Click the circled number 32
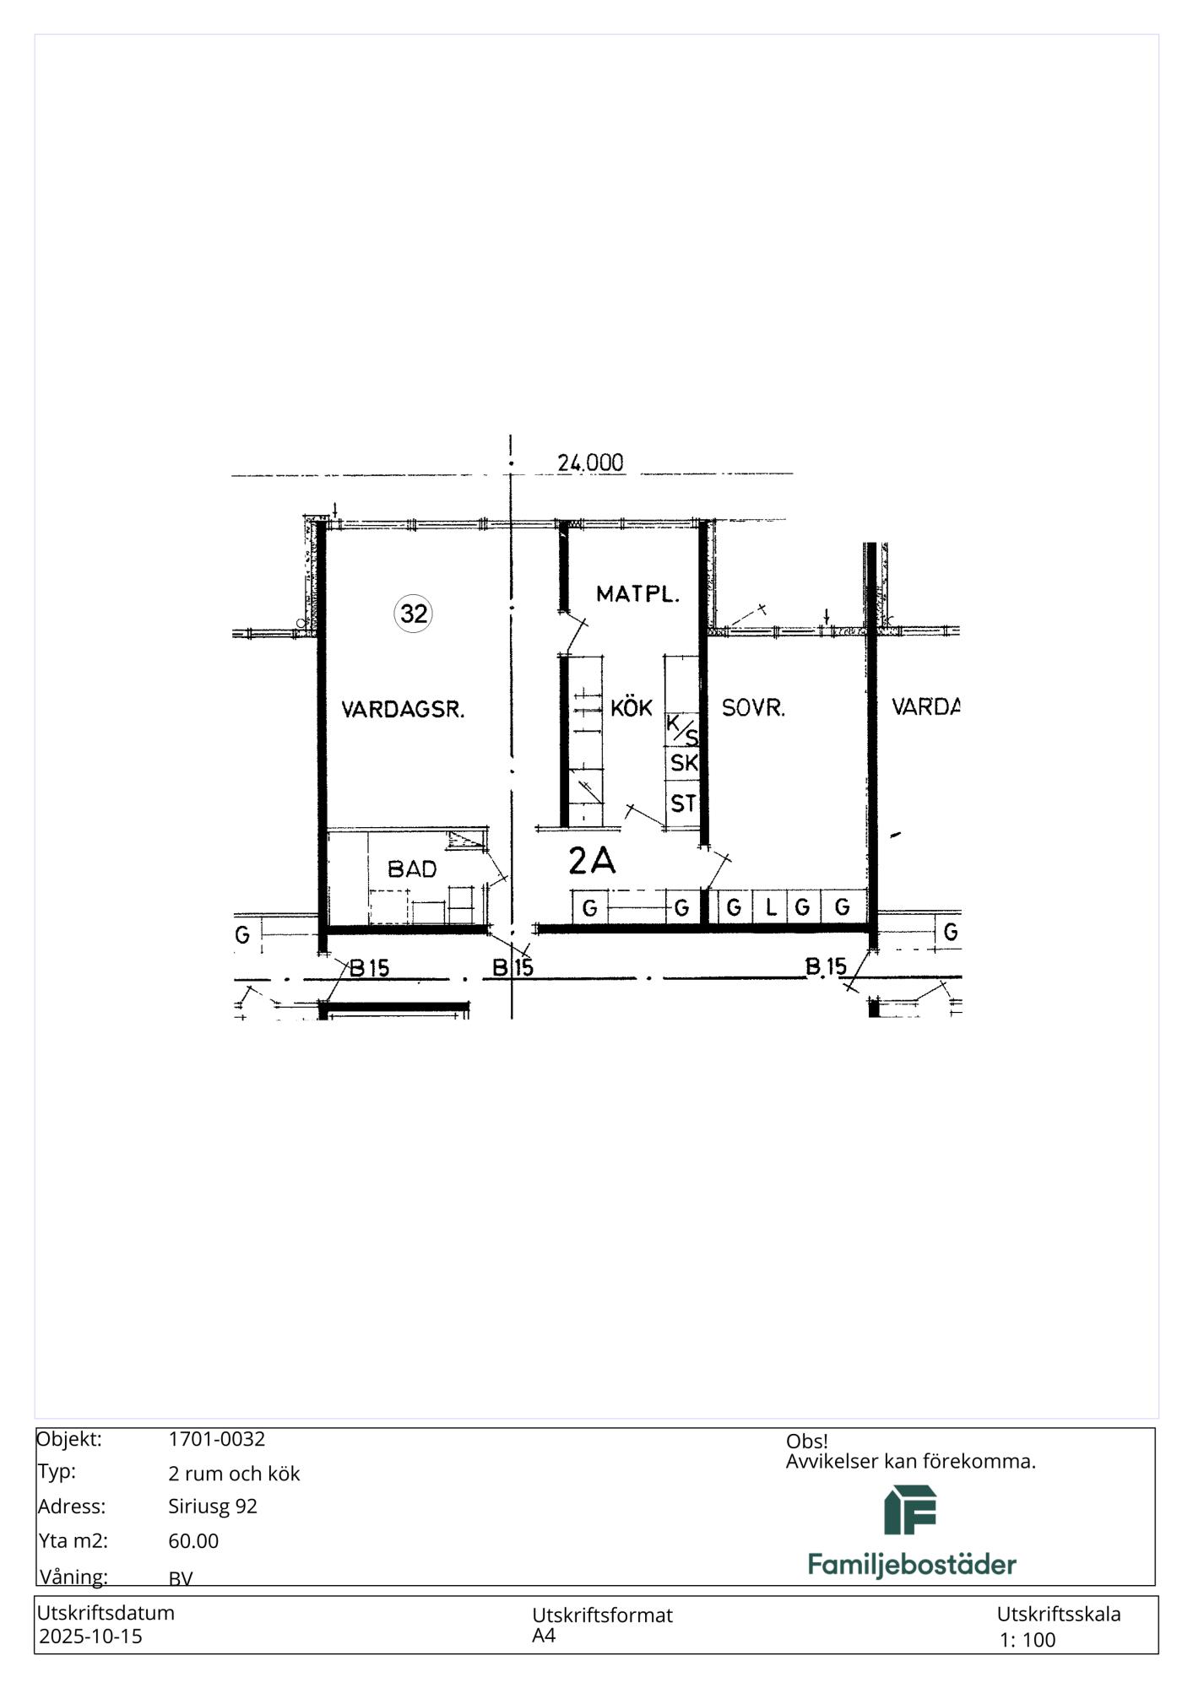pyautogui.click(x=413, y=614)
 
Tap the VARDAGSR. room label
pyautogui.click(x=403, y=710)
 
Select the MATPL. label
pyautogui.click(x=637, y=594)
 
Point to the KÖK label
pyautogui.click(x=632, y=707)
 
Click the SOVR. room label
pyautogui.click(x=753, y=708)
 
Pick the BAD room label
pyautogui.click(x=412, y=868)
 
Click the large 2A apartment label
pyautogui.click(x=592, y=860)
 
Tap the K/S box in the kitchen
pyautogui.click(x=682, y=729)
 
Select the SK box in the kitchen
pyautogui.click(x=683, y=763)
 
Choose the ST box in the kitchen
pyautogui.click(x=683, y=803)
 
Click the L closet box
pyautogui.click(x=771, y=908)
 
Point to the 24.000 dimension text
pyautogui.click(x=590, y=463)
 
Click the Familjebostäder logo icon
pyautogui.click(x=911, y=1510)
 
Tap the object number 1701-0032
pyautogui.click(x=217, y=1439)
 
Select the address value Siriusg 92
pyautogui.click(x=213, y=1507)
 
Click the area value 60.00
pyautogui.click(x=193, y=1541)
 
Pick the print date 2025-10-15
pyautogui.click(x=91, y=1637)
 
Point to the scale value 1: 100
pyautogui.click(x=1028, y=1640)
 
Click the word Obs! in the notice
pyautogui.click(x=807, y=1442)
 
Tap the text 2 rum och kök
pyautogui.click(x=234, y=1474)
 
